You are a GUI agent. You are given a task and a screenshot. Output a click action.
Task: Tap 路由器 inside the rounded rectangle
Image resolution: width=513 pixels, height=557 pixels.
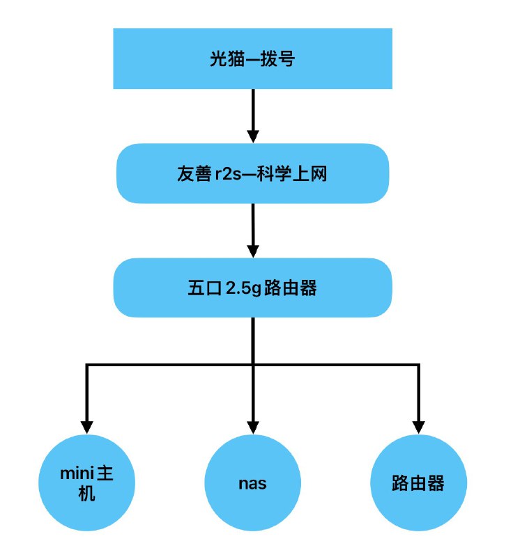(x=288, y=288)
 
